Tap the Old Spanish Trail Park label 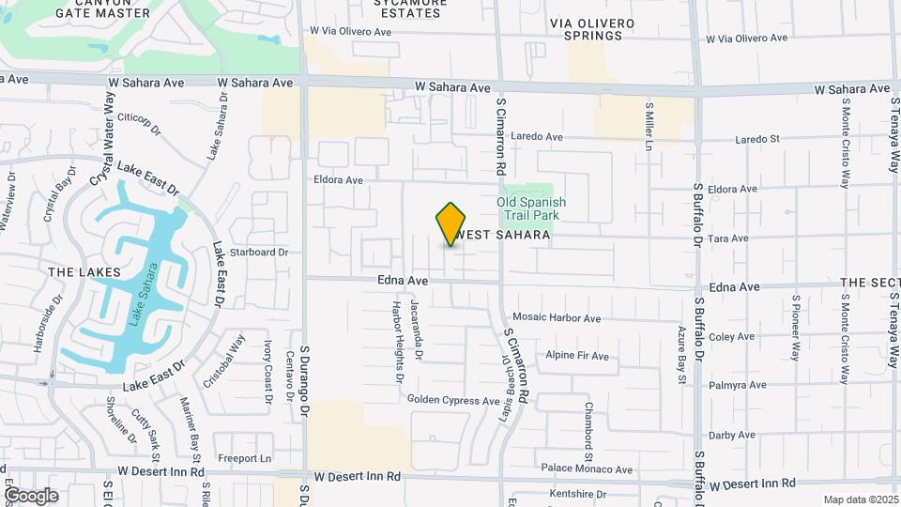tap(530, 208)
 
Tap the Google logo tap(31, 495)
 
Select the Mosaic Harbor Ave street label tap(557, 319)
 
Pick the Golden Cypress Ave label tap(453, 401)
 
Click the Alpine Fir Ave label tap(577, 356)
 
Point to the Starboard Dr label tap(258, 253)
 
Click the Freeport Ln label tap(244, 458)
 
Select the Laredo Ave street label tap(538, 137)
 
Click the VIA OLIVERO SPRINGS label tap(587, 28)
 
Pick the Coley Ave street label tap(732, 337)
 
